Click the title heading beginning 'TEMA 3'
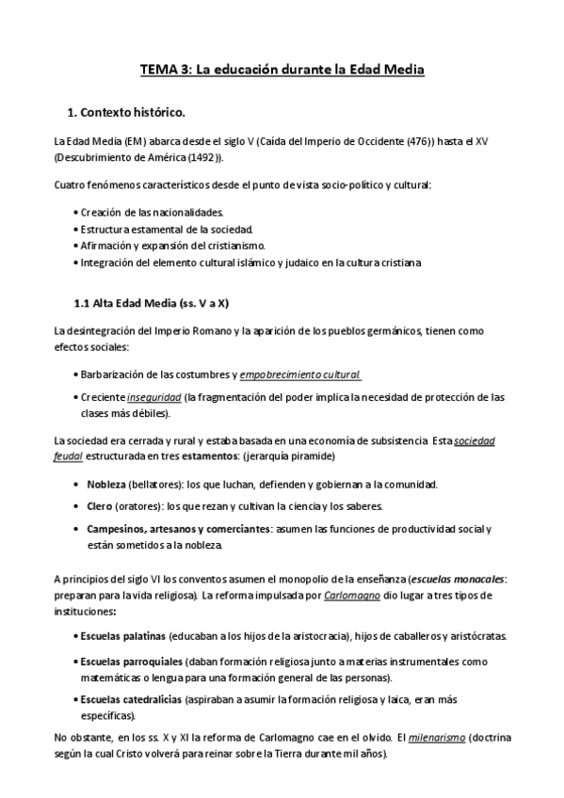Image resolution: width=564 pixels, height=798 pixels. pyautogui.click(x=282, y=70)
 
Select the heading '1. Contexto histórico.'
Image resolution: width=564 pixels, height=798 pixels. pyautogui.click(x=131, y=113)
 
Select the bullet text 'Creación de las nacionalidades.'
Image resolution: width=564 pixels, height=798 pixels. pyautogui.click(x=151, y=213)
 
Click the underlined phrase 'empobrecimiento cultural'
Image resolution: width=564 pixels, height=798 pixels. pyautogui.click(x=300, y=375)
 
